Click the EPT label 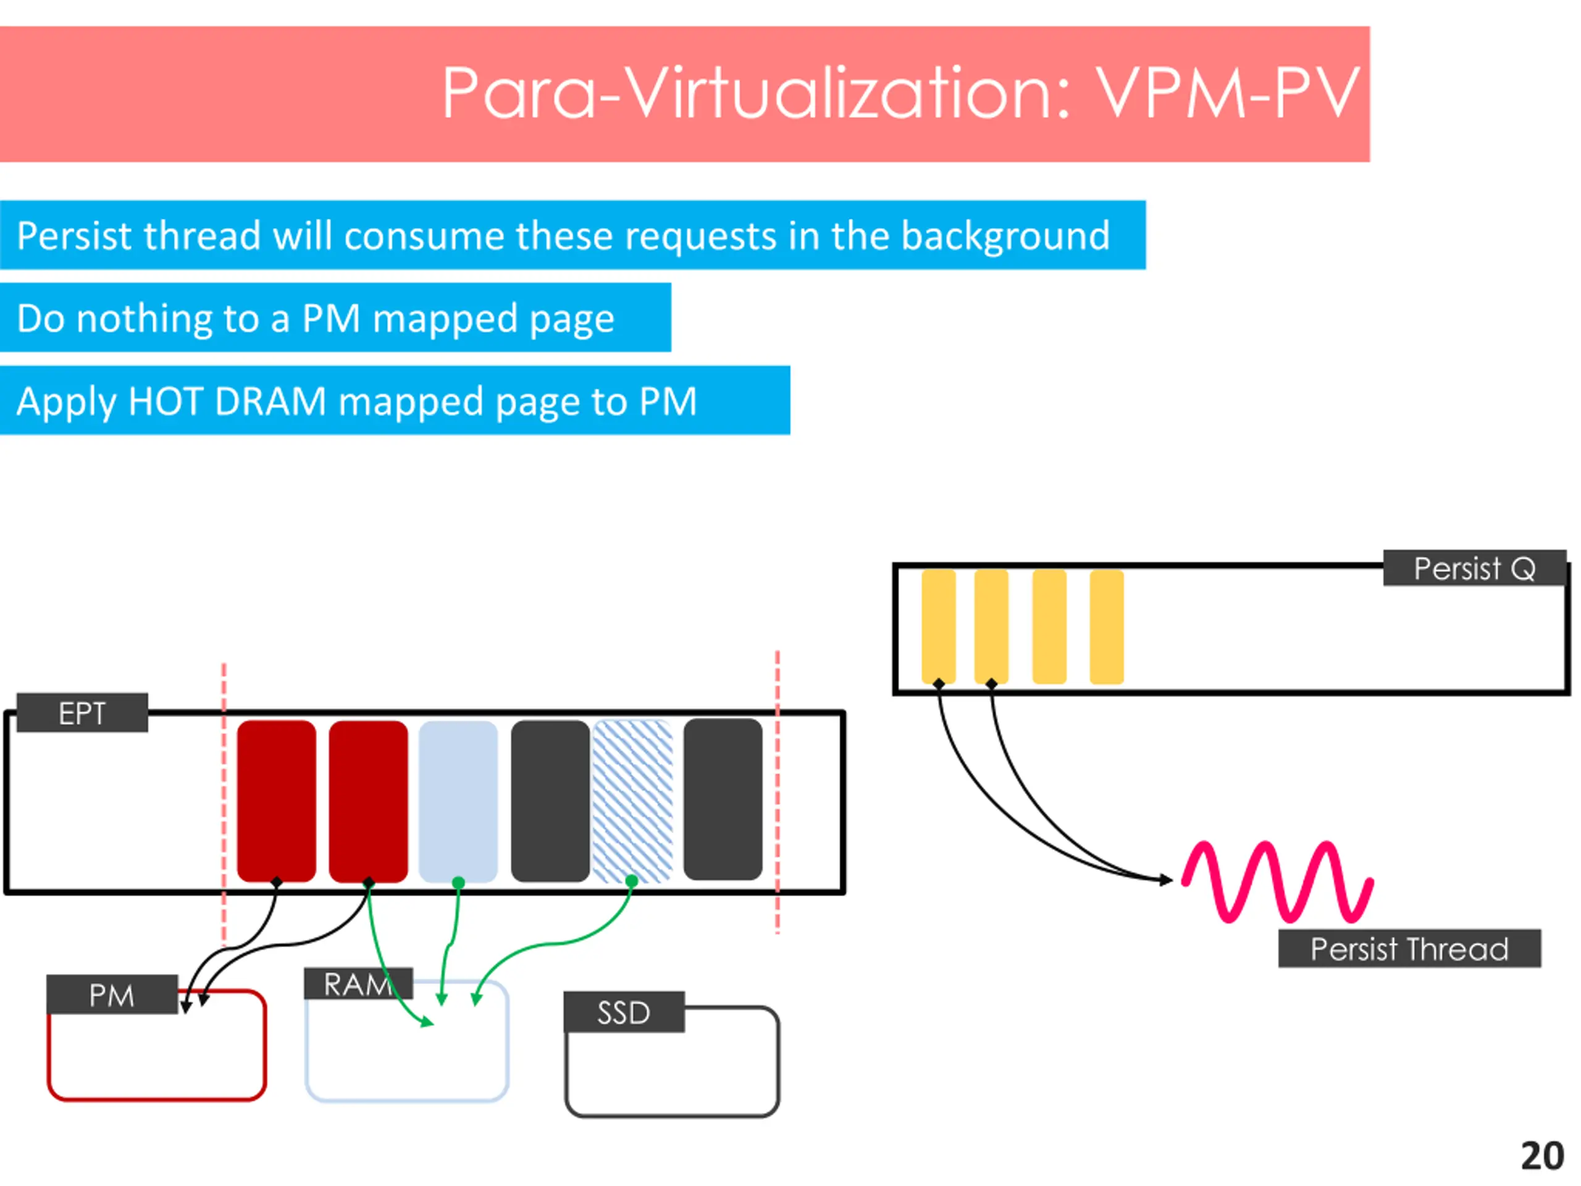(82, 713)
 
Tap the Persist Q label (1475, 568)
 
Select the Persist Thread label (1409, 949)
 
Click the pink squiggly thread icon (1277, 881)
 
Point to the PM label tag (112, 995)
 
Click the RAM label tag (358, 983)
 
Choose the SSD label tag (624, 1012)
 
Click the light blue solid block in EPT (458, 801)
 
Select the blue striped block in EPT (633, 801)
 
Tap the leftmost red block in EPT (277, 801)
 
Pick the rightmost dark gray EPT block (723, 800)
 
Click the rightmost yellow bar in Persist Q (1107, 627)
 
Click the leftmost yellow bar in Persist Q (939, 627)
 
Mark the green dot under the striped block (631, 881)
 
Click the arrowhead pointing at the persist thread (1166, 880)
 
